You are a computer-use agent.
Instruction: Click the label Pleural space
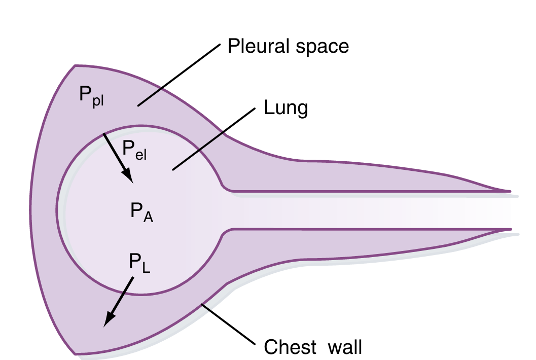click(288, 47)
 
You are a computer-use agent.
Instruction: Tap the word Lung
click(286, 108)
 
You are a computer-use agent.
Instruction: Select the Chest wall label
click(313, 348)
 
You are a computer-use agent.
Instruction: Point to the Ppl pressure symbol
click(91, 95)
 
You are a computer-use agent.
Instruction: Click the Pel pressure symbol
click(134, 150)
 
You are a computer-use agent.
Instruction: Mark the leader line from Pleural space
click(180, 75)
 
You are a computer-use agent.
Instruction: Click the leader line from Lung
click(212, 139)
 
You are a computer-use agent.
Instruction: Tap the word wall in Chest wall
click(345, 348)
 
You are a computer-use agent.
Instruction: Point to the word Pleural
click(257, 47)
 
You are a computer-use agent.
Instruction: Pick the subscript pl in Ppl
click(98, 100)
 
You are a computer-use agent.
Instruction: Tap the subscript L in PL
click(146, 268)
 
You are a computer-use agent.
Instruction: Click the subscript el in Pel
click(141, 154)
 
